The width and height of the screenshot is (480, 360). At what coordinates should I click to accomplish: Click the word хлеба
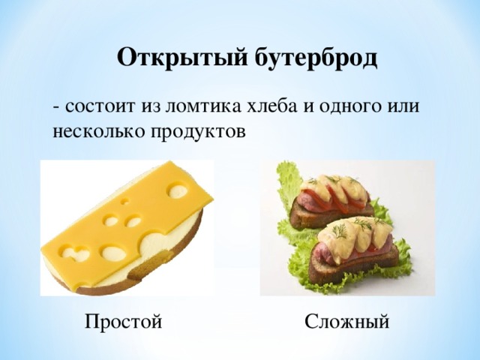[x=274, y=106]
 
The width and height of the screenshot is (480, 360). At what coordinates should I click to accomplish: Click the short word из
[x=150, y=106]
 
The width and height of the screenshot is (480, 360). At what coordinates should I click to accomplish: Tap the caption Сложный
[x=347, y=322]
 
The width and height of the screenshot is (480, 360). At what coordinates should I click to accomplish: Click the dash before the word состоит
[x=57, y=106]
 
